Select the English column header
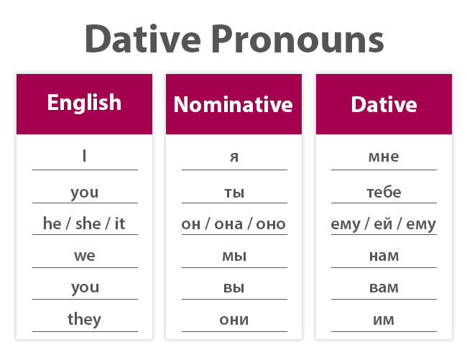pyautogui.click(x=84, y=103)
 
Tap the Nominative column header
pyautogui.click(x=233, y=105)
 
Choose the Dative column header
pyautogui.click(x=384, y=105)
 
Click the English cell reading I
pyautogui.click(x=85, y=155)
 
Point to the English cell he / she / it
pyautogui.click(x=84, y=223)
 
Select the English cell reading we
pyautogui.click(x=85, y=256)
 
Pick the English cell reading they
pyautogui.click(x=85, y=319)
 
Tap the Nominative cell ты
pyautogui.click(x=233, y=193)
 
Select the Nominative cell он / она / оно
pyautogui.click(x=233, y=224)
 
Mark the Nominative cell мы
pyautogui.click(x=233, y=256)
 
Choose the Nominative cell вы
pyautogui.click(x=233, y=287)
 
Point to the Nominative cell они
pyautogui.click(x=233, y=320)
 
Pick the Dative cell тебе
pyautogui.click(x=384, y=193)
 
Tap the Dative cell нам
pyautogui.click(x=384, y=256)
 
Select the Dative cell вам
pyautogui.click(x=384, y=287)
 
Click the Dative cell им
pyautogui.click(x=384, y=320)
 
